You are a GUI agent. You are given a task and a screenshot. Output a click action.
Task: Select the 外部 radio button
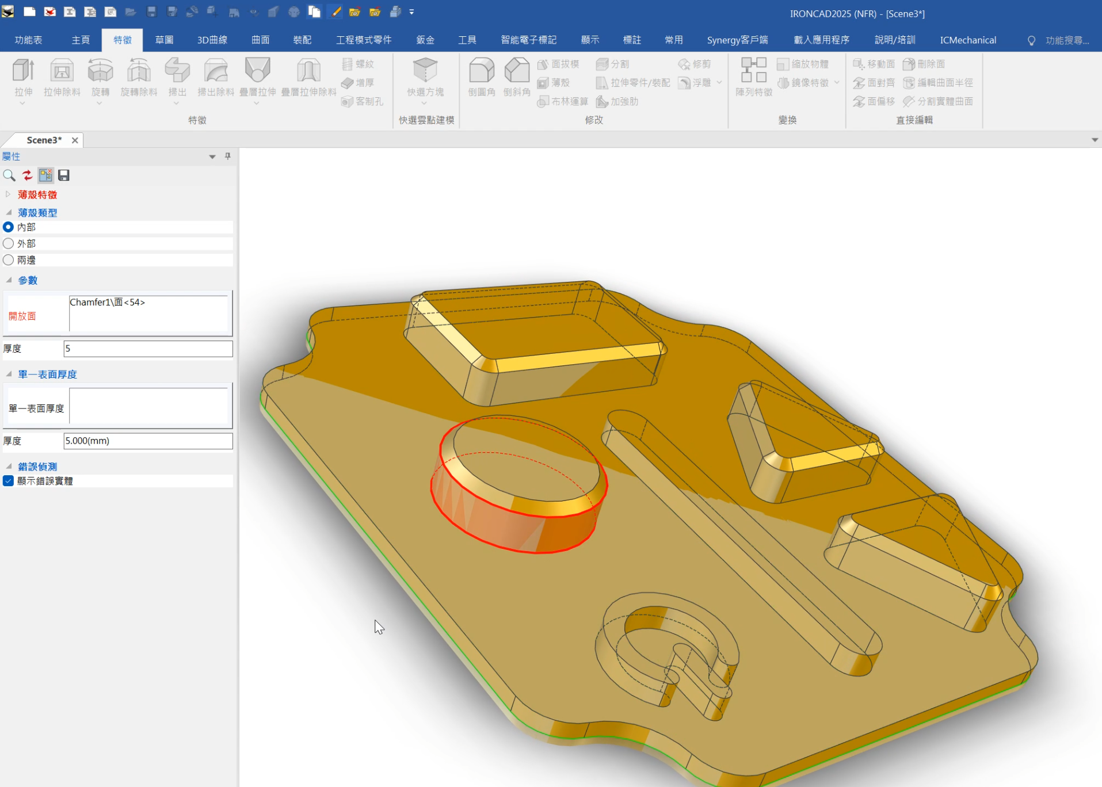coord(9,243)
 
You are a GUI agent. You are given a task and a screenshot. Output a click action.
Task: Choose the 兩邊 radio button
coord(9,260)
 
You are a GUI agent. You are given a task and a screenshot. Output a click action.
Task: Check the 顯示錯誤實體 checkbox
coord(9,481)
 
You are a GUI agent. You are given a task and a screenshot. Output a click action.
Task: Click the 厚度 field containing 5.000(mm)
coord(148,441)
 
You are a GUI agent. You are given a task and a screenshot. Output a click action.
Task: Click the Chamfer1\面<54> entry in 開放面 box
coord(108,303)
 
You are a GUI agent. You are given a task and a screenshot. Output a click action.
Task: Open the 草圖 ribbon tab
coord(164,40)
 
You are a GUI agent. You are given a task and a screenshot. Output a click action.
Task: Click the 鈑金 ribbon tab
coord(425,40)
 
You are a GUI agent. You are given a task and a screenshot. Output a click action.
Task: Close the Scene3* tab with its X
coord(75,140)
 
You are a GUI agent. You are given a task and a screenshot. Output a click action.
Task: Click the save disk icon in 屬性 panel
coord(64,175)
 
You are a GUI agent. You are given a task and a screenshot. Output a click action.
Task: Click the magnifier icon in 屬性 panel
coord(9,175)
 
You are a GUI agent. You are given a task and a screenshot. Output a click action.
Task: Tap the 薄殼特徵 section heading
coord(37,194)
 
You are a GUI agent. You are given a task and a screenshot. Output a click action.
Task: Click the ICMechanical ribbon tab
coord(968,40)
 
